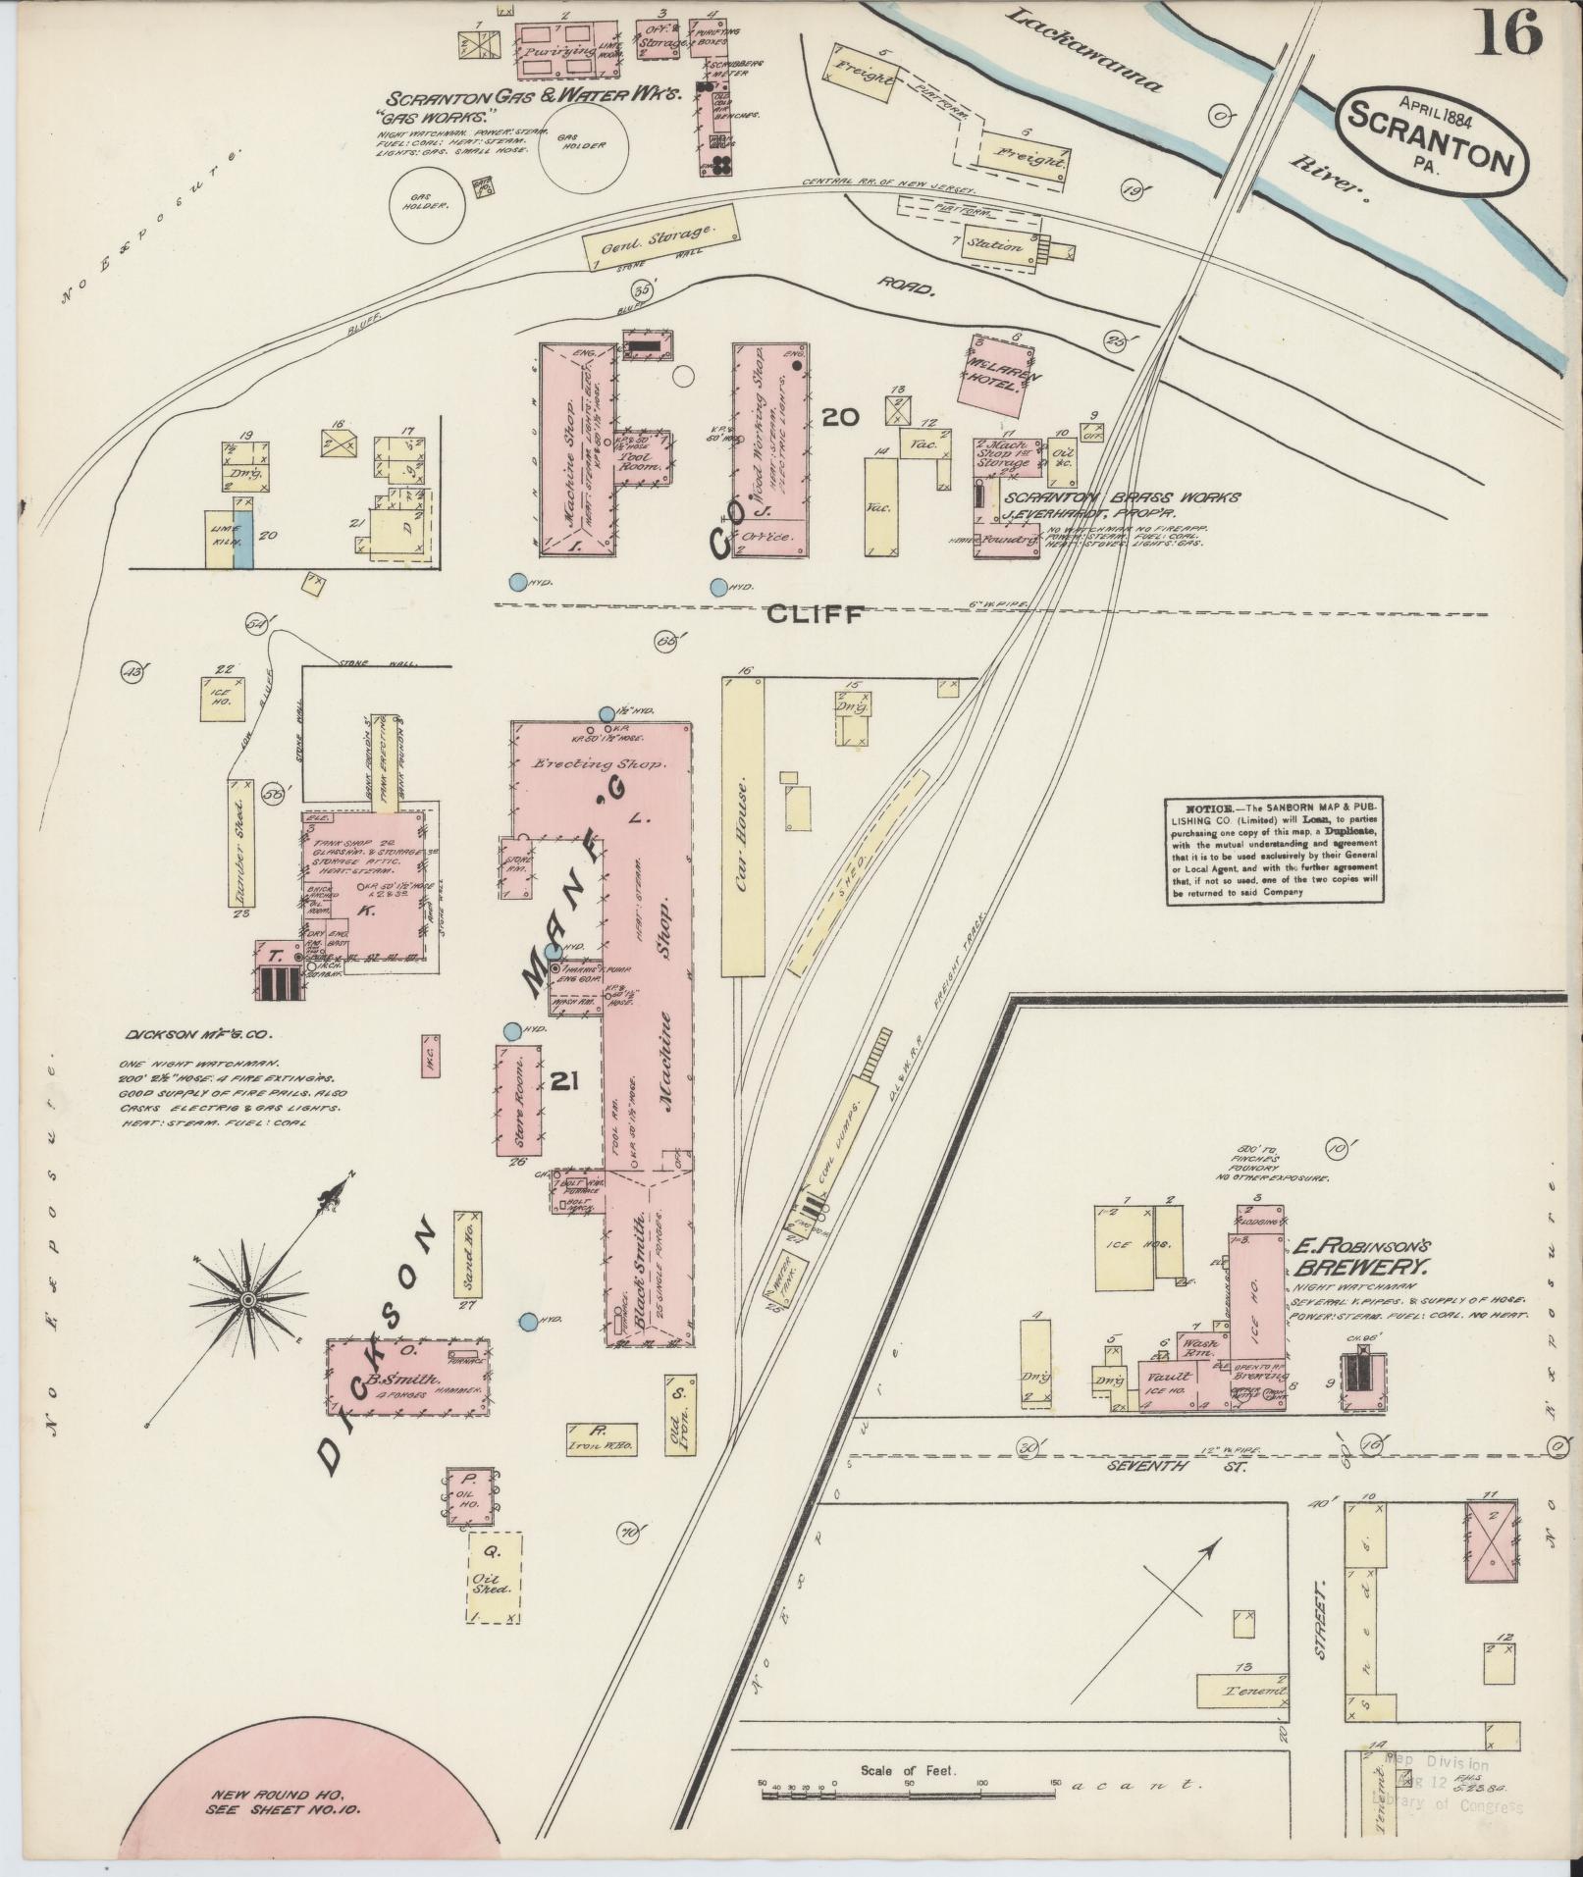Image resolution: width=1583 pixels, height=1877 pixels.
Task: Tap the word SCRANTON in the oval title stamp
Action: click(x=1431, y=137)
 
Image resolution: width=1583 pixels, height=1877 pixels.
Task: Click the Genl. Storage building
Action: click(x=660, y=236)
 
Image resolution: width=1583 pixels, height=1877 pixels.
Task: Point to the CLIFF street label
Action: click(x=814, y=614)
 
